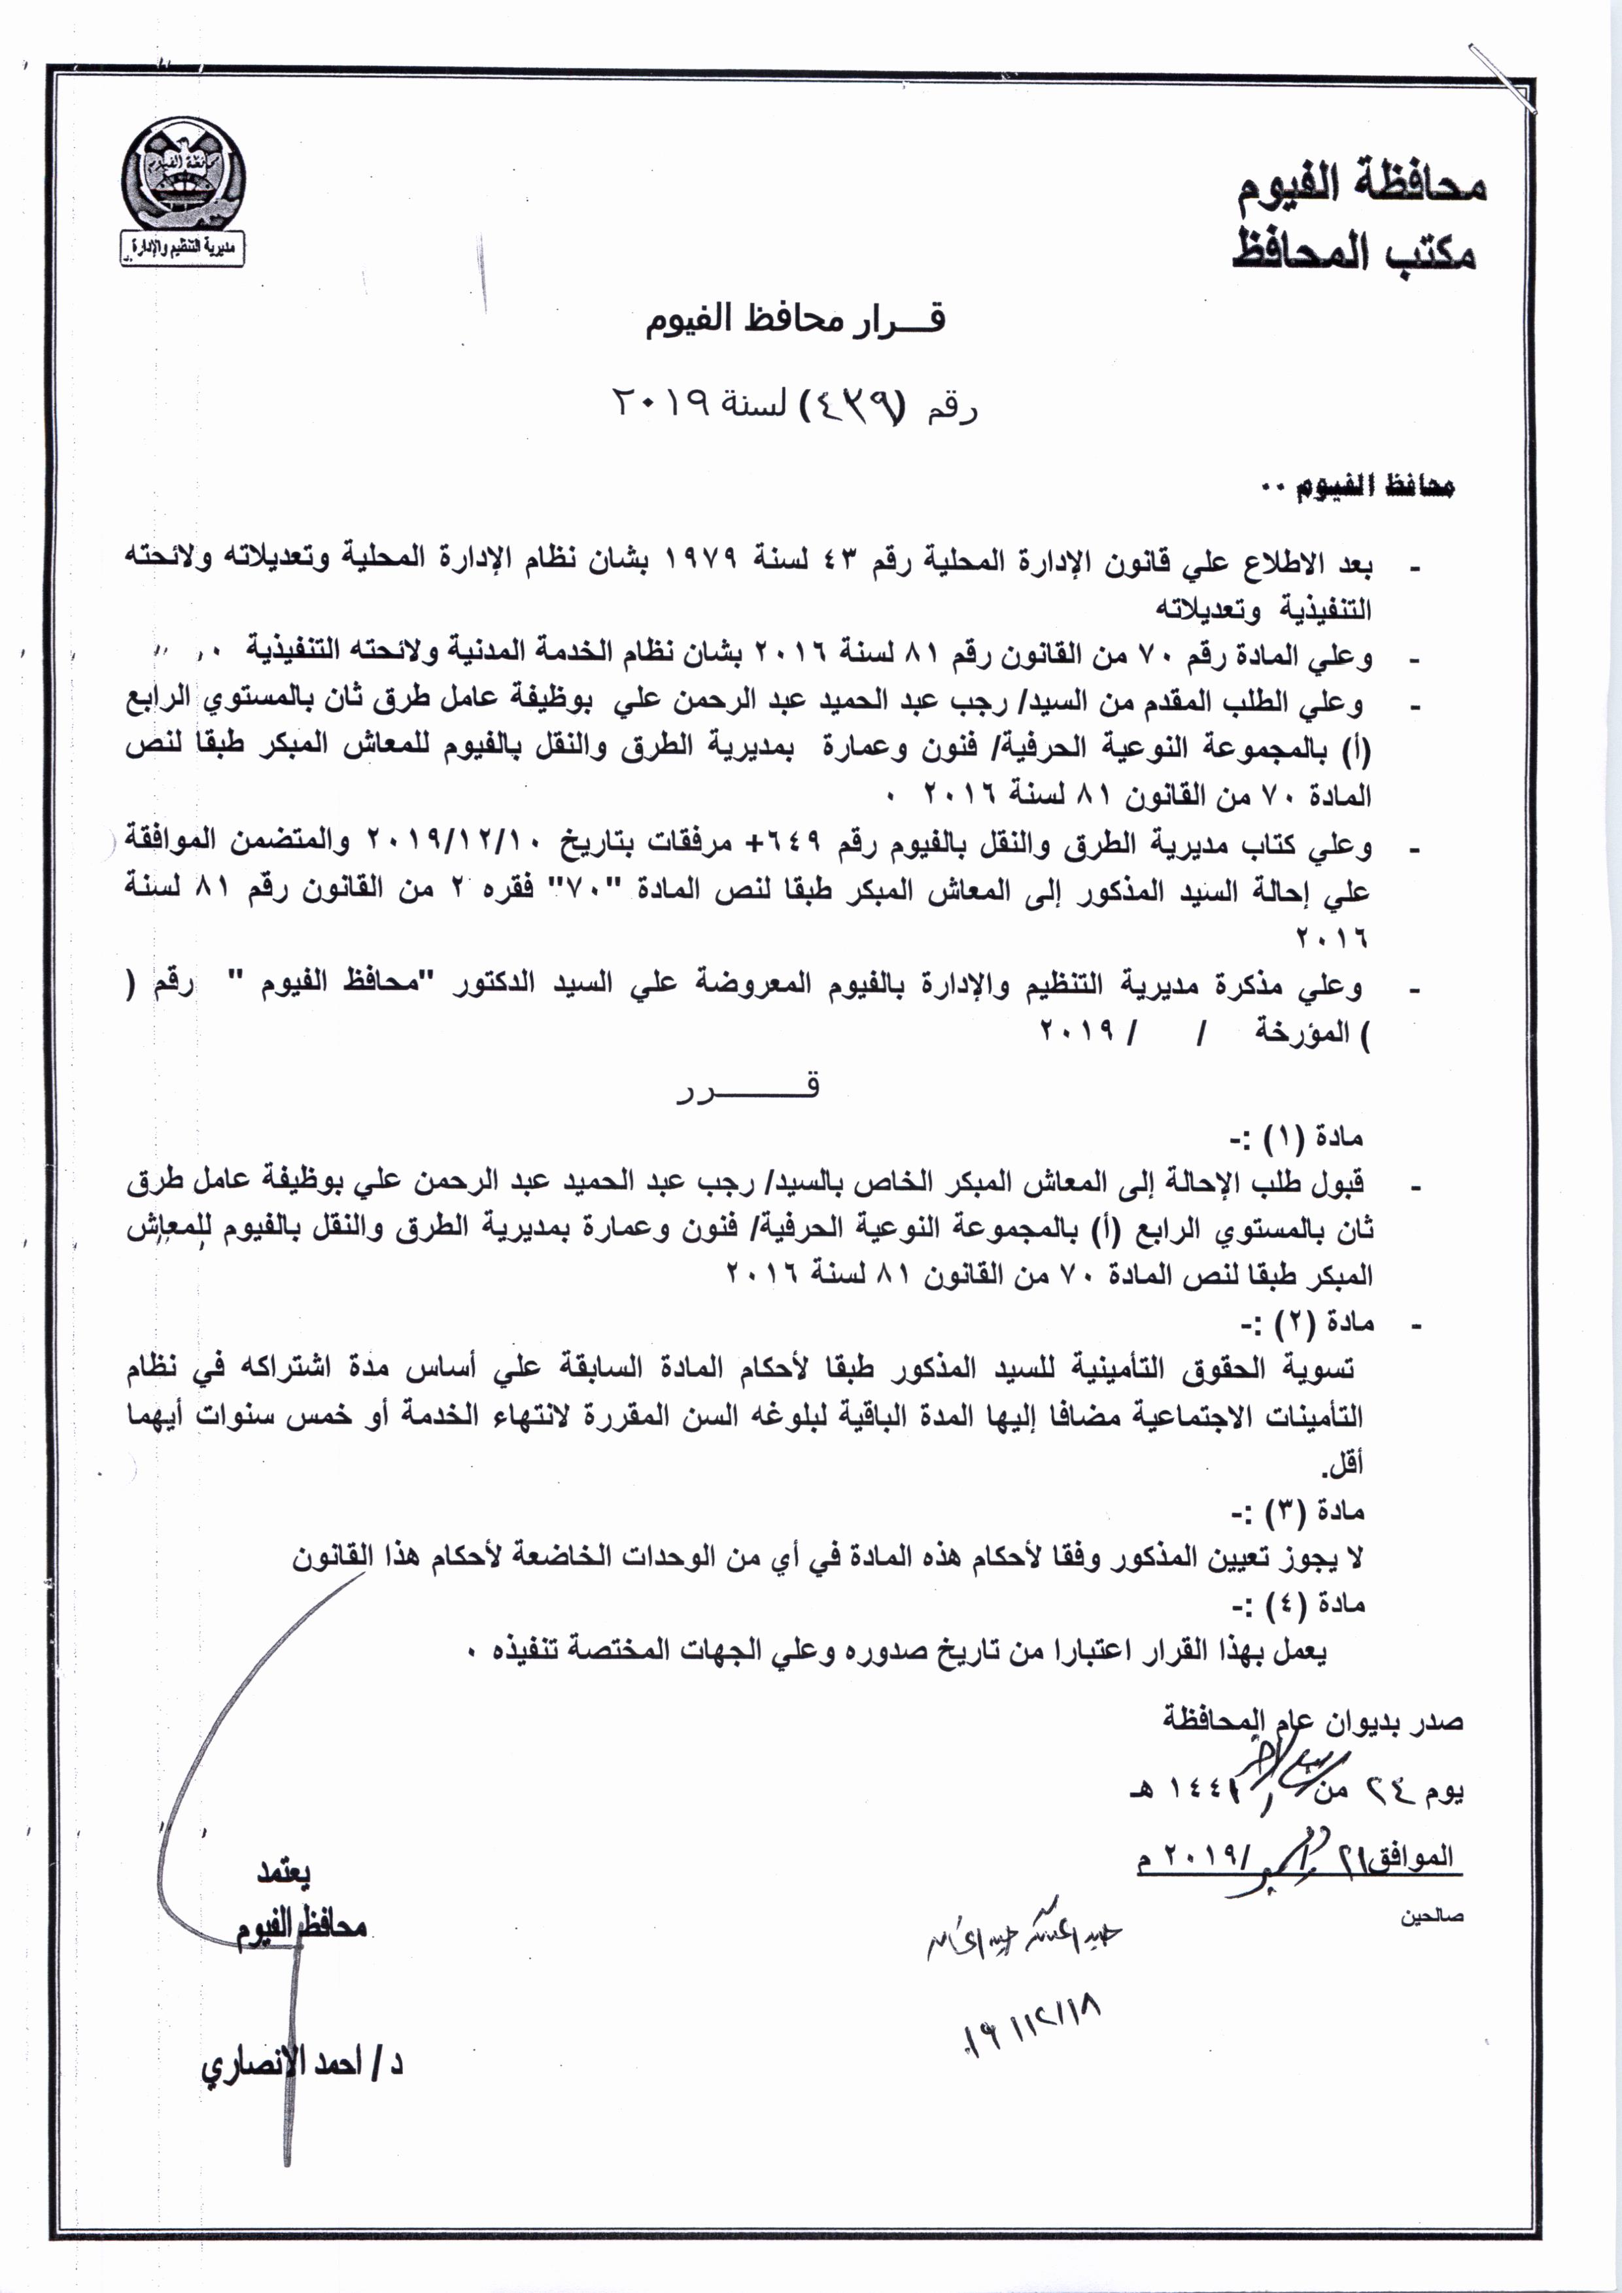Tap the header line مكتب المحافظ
(1355, 252)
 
